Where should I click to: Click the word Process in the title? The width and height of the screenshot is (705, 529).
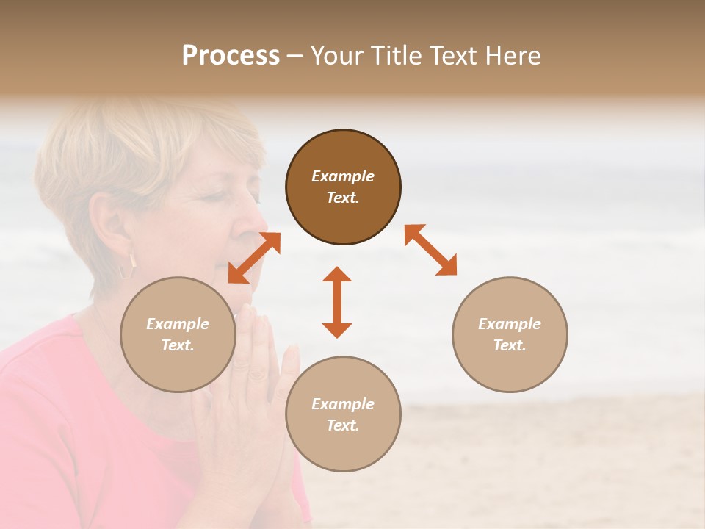click(x=231, y=56)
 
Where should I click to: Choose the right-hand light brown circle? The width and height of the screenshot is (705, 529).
click(x=510, y=334)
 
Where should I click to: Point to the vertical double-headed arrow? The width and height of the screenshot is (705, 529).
click(x=337, y=302)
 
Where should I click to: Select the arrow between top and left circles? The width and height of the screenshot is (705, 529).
click(x=254, y=257)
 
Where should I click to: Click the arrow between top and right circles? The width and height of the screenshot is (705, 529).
click(x=430, y=250)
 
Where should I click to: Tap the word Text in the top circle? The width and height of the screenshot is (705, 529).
click(x=343, y=198)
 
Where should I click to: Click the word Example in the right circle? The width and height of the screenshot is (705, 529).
click(x=510, y=324)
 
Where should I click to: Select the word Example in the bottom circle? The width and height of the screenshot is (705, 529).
click(x=343, y=404)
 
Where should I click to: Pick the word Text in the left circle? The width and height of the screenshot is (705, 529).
click(x=178, y=345)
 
